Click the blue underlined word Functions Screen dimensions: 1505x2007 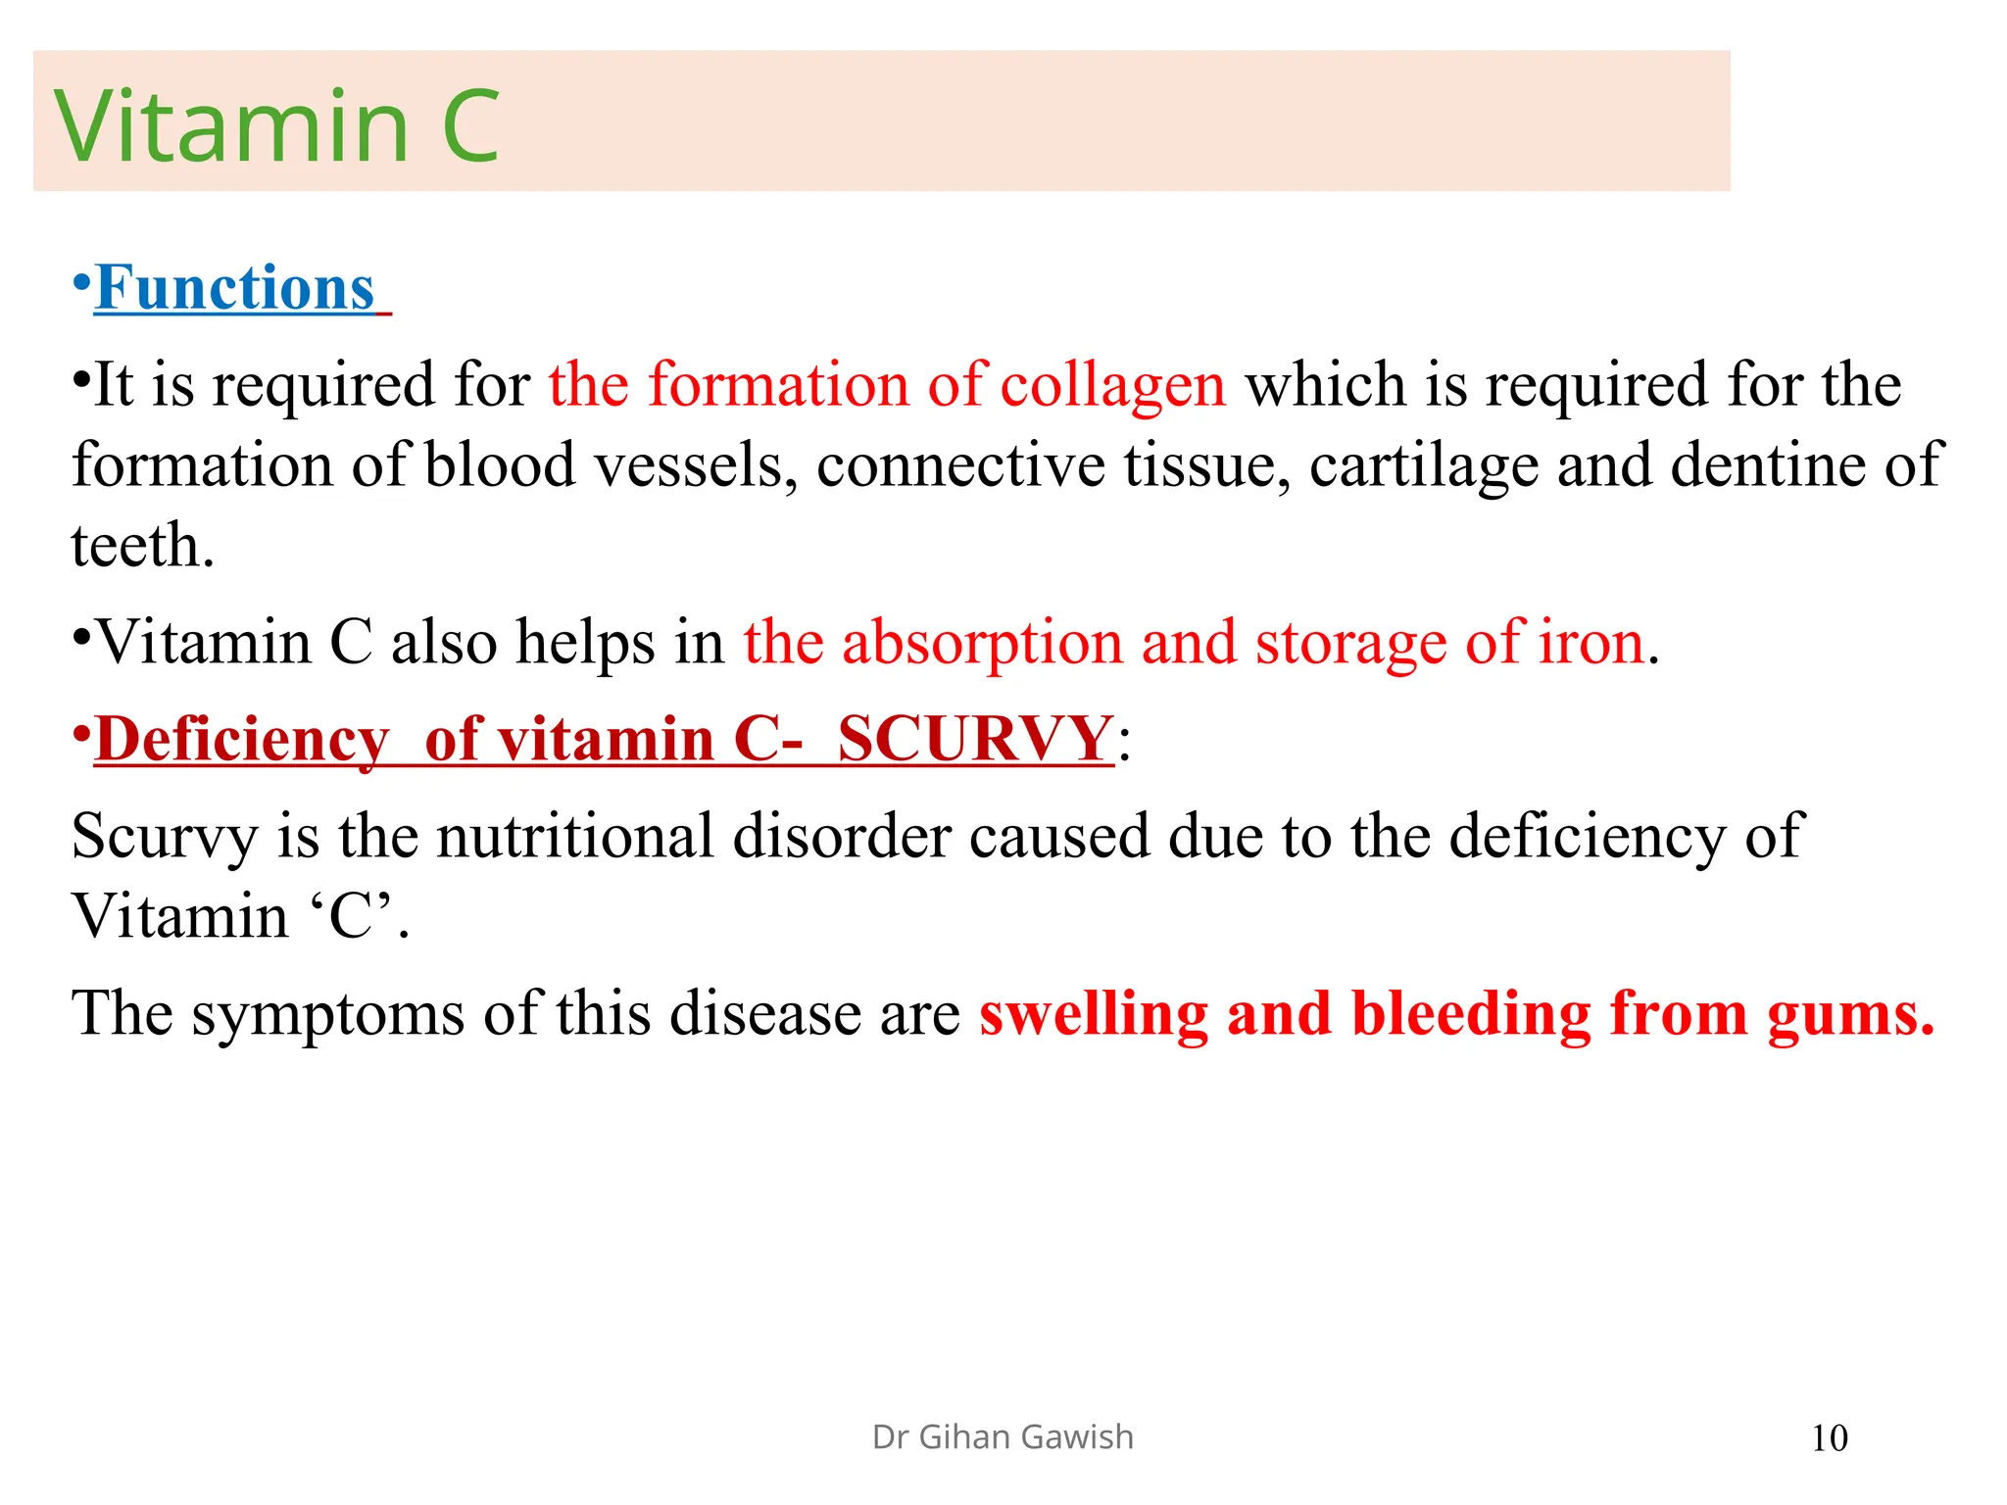point(235,288)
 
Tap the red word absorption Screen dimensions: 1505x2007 point(982,644)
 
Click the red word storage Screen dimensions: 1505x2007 point(1350,644)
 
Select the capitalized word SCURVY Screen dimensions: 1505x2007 point(975,739)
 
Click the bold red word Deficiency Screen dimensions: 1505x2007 point(242,739)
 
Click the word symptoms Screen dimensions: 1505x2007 point(327,1014)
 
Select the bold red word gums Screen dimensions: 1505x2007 point(1850,1014)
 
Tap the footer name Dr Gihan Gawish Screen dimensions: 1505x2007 point(1003,1437)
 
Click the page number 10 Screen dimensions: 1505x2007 point(1829,1438)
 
